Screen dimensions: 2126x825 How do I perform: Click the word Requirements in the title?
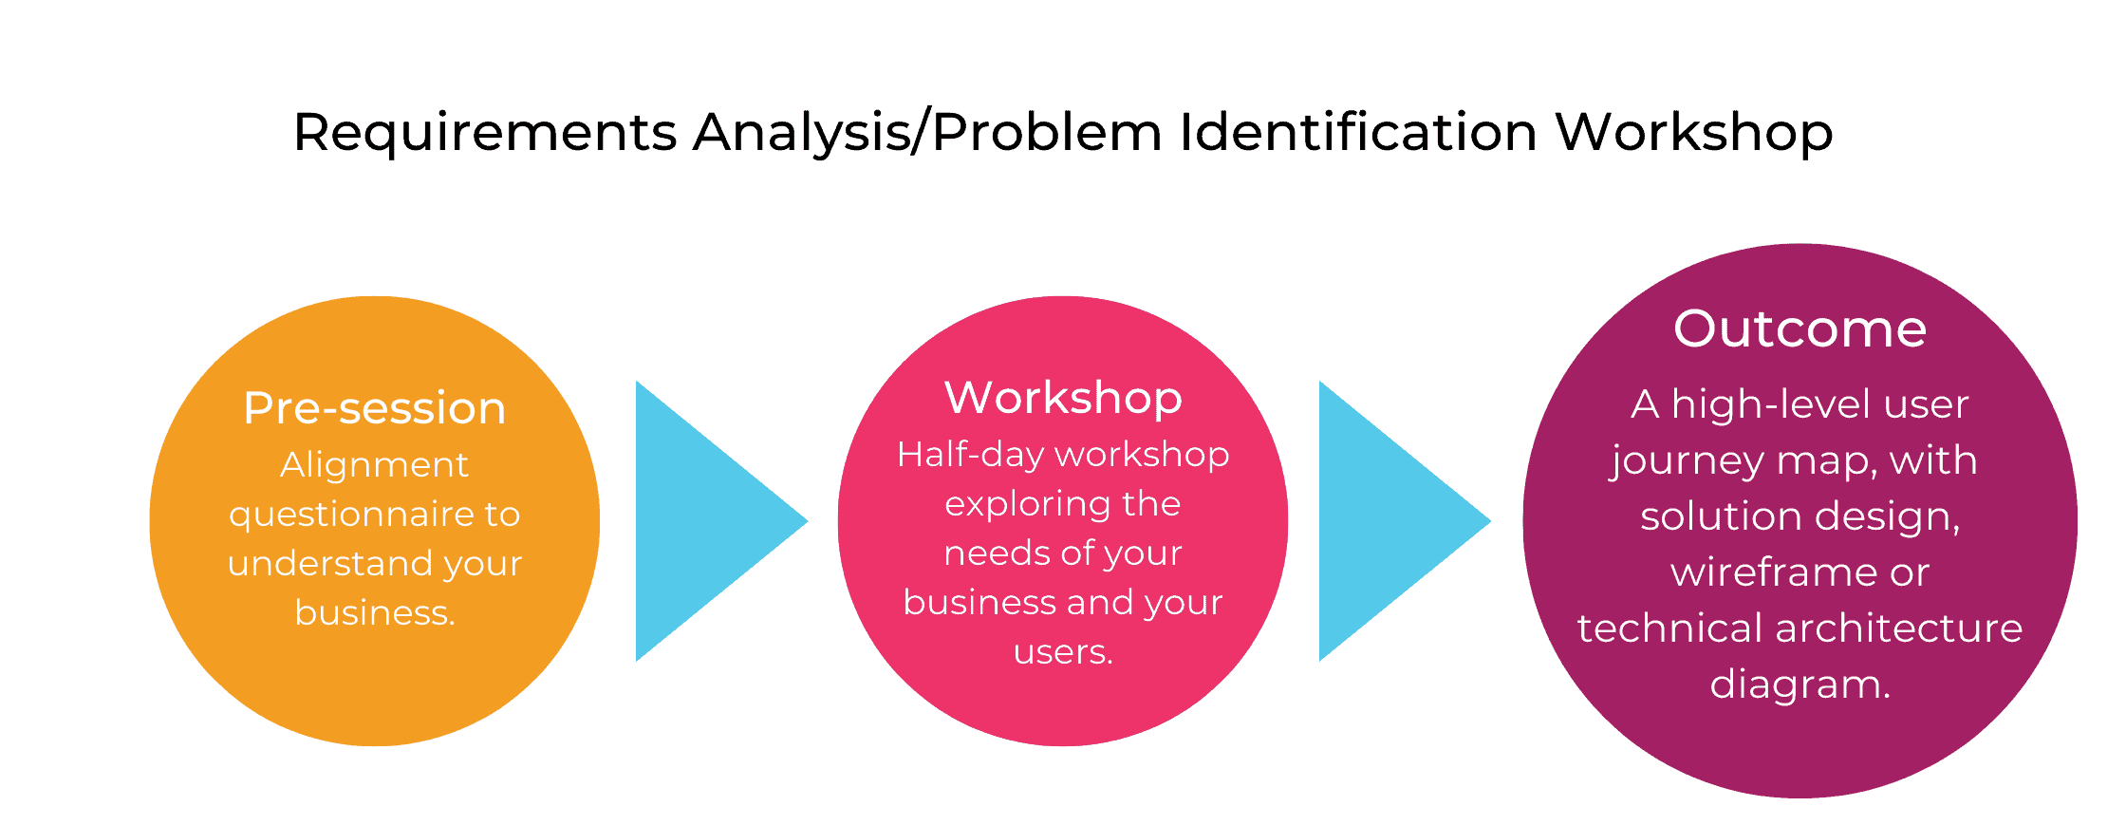(485, 132)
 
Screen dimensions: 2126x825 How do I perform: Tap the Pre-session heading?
(375, 408)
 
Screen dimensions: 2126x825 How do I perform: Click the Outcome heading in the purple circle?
(1800, 329)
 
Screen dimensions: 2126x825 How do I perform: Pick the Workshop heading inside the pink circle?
(1063, 399)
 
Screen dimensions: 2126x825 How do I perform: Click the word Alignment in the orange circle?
(374, 465)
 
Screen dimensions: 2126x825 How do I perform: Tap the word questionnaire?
(351, 515)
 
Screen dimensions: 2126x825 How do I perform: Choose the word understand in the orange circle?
(330, 563)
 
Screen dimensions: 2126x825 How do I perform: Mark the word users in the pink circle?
(1063, 652)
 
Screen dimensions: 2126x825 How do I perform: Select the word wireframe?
(1771, 572)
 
